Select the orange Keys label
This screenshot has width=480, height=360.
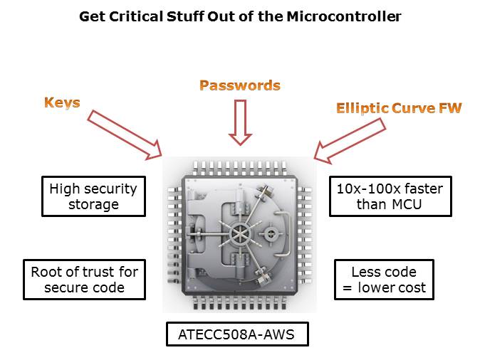[x=62, y=102]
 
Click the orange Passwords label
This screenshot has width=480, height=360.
[x=240, y=85]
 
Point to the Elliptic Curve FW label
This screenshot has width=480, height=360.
[x=399, y=108]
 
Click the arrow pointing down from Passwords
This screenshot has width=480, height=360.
[x=240, y=121]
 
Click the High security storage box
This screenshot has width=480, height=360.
[x=93, y=196]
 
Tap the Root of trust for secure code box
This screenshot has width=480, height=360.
[x=84, y=280]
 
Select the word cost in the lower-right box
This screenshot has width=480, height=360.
[x=412, y=288]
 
